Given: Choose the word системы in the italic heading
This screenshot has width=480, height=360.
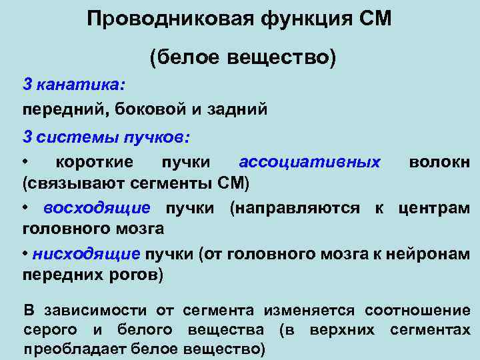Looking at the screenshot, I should click(x=78, y=137).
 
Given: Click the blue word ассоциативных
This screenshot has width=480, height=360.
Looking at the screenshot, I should click(x=310, y=162).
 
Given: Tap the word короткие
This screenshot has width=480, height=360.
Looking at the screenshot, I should click(x=94, y=162).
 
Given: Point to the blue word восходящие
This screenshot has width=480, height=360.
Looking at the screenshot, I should click(x=97, y=208).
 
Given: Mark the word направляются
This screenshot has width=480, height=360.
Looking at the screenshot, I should click(x=297, y=208).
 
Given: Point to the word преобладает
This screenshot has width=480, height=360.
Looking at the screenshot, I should click(x=74, y=348).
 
